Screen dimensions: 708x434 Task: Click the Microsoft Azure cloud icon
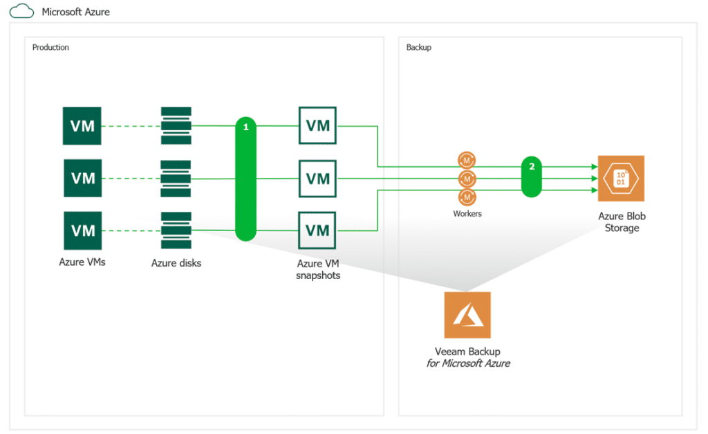(21, 11)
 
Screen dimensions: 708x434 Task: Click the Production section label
(50, 48)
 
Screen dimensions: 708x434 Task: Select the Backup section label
(418, 48)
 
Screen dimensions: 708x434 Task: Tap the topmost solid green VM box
(82, 126)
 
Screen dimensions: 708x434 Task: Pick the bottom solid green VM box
(83, 230)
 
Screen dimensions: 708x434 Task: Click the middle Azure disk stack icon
(176, 179)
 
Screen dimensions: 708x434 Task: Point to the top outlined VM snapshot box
(317, 125)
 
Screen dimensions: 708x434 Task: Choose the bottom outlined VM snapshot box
(317, 230)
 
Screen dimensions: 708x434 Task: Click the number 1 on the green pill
(245, 127)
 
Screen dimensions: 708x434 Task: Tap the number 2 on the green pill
(532, 166)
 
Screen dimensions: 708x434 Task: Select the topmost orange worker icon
(467, 160)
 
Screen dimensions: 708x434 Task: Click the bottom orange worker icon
(467, 197)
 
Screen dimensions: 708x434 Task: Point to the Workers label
(467, 214)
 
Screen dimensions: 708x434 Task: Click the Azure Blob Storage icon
(621, 179)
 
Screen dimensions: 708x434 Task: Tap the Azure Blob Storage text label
(622, 222)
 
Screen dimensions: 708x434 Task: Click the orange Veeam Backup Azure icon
(467, 315)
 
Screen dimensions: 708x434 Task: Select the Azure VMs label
(82, 262)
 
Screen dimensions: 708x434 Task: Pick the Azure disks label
(176, 263)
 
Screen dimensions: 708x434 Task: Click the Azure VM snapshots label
(318, 269)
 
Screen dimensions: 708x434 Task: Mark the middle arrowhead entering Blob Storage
(595, 179)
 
